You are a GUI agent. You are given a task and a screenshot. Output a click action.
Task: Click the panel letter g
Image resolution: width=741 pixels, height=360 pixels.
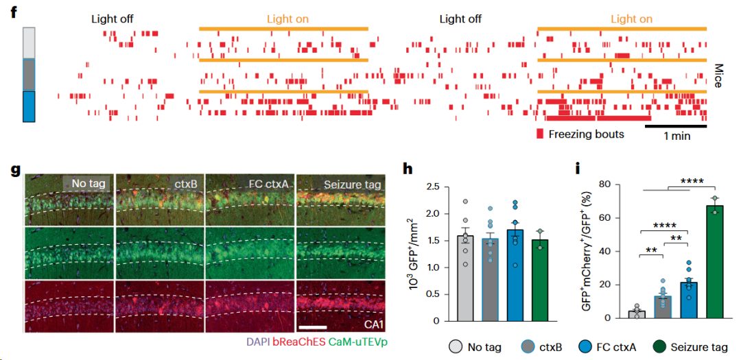coord(16,171)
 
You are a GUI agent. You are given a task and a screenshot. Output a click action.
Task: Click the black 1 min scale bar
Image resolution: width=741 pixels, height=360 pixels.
coord(675,126)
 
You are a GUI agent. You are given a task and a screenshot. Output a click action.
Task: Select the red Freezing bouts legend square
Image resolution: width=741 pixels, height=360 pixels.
coord(540,134)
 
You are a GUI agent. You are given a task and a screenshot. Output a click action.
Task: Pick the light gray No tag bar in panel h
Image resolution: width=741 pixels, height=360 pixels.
coord(465,278)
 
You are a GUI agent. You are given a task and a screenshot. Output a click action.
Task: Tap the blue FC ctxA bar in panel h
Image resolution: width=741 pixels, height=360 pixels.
coord(515,276)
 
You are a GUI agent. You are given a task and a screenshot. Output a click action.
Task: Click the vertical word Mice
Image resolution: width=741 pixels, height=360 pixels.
coord(718,76)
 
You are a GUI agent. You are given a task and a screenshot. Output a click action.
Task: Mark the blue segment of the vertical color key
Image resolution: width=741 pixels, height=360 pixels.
coord(29,106)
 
